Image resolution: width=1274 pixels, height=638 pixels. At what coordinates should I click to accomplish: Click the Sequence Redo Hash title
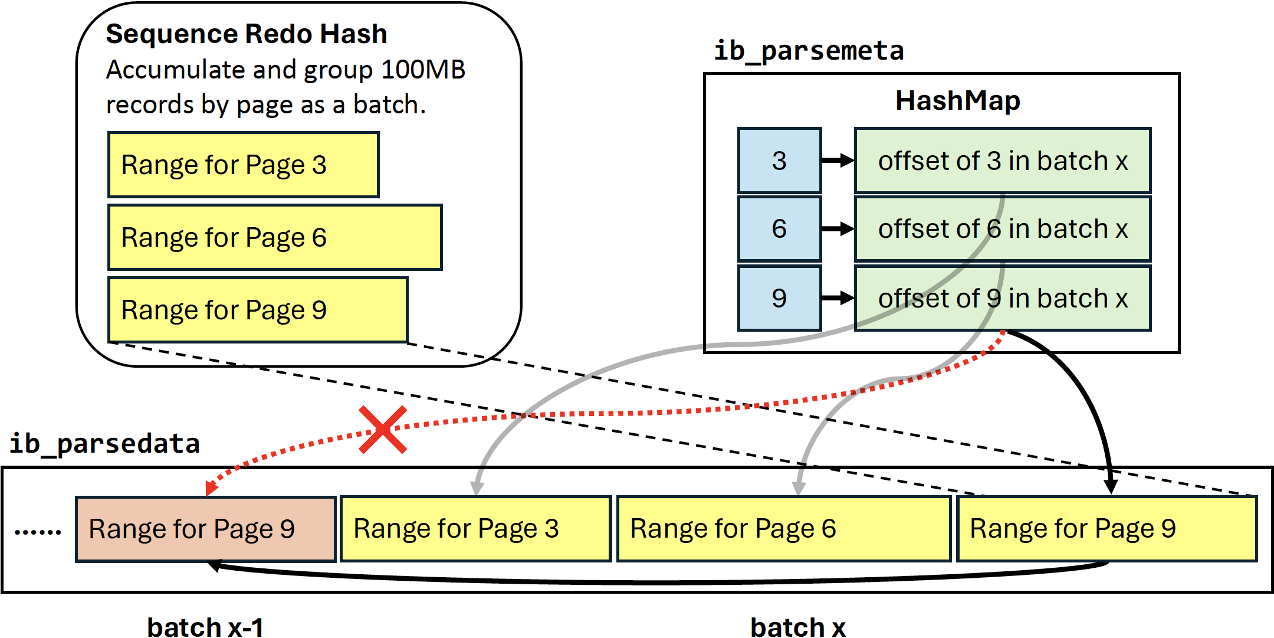click(x=246, y=34)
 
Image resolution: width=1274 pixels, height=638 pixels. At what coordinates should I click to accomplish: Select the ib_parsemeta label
click(x=809, y=51)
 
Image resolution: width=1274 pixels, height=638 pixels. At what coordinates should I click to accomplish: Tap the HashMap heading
click(x=957, y=101)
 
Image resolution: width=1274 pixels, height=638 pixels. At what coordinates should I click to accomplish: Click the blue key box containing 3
click(x=779, y=161)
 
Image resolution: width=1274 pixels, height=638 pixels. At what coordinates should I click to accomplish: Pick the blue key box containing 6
click(x=779, y=229)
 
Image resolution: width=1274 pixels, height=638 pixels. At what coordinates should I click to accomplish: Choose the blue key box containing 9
click(x=779, y=298)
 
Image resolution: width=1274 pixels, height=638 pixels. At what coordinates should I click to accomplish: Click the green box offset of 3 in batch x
click(x=1003, y=161)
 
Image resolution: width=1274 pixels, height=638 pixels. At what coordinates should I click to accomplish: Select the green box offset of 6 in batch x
click(x=1003, y=229)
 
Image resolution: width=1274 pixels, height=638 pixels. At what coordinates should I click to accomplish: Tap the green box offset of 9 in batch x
click(x=1003, y=298)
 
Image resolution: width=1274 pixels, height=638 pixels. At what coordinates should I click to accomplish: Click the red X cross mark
click(x=383, y=430)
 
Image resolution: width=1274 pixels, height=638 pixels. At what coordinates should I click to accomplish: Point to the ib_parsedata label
click(x=104, y=444)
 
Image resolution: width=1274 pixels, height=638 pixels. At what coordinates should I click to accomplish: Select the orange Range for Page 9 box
click(x=205, y=529)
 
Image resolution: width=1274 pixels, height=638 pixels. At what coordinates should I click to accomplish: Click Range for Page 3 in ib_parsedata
click(x=475, y=529)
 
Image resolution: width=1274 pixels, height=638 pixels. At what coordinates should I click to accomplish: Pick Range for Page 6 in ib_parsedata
click(x=783, y=529)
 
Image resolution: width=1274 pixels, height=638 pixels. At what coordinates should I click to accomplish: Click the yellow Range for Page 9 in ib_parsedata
click(x=1106, y=529)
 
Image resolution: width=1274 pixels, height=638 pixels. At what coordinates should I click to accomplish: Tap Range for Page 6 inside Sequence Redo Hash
click(x=275, y=237)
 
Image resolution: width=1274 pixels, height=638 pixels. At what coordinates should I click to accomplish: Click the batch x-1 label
click(x=205, y=627)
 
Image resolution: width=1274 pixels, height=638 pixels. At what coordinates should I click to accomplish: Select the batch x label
click(x=797, y=627)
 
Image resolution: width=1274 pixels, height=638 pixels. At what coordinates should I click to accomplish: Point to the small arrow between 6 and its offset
click(x=838, y=229)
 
